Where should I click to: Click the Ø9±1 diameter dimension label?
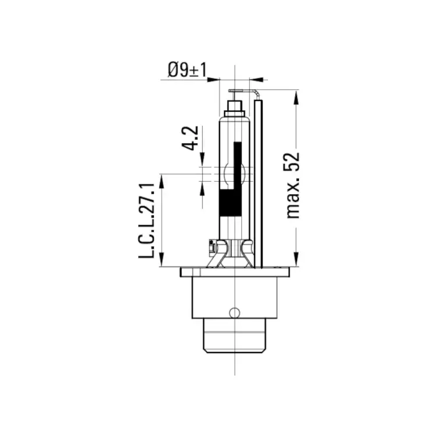coord(187,70)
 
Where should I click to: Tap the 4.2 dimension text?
coord(190,138)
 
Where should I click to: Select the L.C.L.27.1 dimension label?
coord(147,220)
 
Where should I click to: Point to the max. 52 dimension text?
coord(293,185)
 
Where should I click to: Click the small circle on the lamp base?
coord(234,312)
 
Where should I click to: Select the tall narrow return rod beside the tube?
coord(258,184)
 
